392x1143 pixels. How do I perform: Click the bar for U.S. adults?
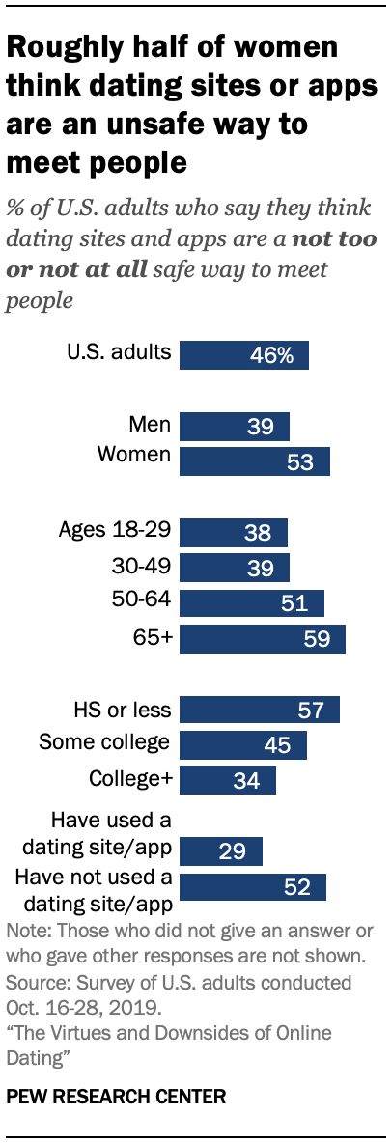[244, 354]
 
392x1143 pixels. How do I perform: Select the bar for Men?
[235, 426]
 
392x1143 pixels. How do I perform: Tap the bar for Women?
[255, 461]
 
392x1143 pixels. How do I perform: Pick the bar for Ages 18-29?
[234, 532]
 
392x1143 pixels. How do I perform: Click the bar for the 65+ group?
[263, 639]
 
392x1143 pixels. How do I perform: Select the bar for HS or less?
[260, 710]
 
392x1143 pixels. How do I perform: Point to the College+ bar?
[228, 779]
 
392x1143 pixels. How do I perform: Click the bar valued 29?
[221, 850]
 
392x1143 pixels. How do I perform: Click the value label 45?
[277, 744]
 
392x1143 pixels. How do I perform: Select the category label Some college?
[104, 742]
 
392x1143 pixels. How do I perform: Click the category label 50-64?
[142, 600]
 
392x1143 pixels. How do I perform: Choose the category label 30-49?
[142, 566]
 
